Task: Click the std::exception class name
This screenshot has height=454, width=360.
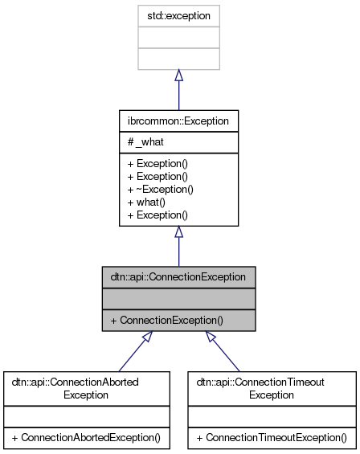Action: coord(178,15)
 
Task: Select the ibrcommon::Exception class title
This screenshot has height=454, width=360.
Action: coord(178,121)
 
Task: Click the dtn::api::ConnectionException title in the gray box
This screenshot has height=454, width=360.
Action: coord(178,277)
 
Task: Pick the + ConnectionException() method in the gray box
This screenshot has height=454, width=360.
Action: coord(166,320)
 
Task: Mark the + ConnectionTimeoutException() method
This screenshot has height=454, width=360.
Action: coord(271,438)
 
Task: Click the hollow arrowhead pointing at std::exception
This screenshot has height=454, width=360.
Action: coord(178,76)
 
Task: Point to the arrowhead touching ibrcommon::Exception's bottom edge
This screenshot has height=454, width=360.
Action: coord(178,232)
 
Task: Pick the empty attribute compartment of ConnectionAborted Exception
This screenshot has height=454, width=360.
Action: coord(87,417)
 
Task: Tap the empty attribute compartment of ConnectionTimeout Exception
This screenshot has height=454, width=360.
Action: coord(271,417)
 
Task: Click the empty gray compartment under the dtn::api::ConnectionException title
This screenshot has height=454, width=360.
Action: coord(178,298)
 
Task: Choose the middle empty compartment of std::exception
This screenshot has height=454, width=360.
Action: coord(178,37)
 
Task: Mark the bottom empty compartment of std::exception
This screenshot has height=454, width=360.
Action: coord(178,58)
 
